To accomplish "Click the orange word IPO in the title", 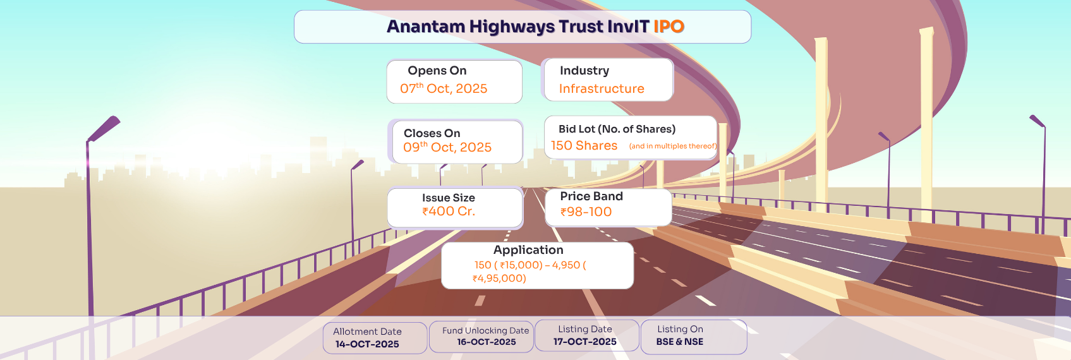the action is (x=669, y=27).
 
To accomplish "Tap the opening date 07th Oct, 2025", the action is (x=444, y=88).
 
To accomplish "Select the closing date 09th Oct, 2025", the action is (x=447, y=147).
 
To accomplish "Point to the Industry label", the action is (x=584, y=71).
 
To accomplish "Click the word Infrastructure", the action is (x=602, y=88).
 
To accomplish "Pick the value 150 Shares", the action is (x=584, y=145).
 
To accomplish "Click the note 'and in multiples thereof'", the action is (x=673, y=146).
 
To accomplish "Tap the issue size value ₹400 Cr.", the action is (x=449, y=212).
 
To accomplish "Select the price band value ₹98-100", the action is (x=586, y=212).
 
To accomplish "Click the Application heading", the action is (x=528, y=250).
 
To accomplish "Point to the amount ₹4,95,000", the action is (x=499, y=279).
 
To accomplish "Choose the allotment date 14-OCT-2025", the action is (x=367, y=344).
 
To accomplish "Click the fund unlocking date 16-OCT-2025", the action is (x=487, y=342).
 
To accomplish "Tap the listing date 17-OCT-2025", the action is (x=584, y=342).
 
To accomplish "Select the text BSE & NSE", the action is (x=679, y=342).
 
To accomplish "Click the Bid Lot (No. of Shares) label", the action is (x=617, y=129).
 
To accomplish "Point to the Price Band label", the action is (x=591, y=196).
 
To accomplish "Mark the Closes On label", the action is (x=432, y=133).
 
